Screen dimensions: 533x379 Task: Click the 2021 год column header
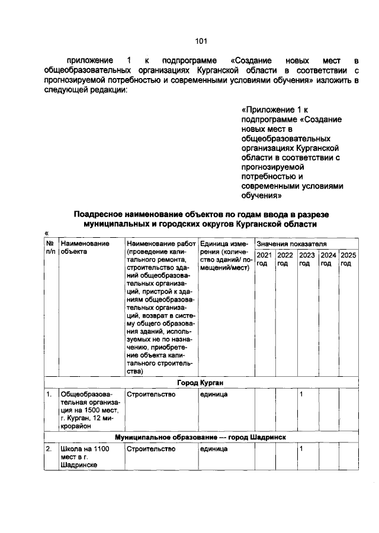264,259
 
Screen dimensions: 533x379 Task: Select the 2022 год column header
285,259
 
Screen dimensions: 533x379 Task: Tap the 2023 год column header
307,259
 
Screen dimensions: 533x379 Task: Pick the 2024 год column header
328,259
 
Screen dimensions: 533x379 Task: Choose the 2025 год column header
349,259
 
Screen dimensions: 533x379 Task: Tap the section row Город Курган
201,382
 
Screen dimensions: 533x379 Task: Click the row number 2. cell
50,449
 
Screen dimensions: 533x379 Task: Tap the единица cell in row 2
214,449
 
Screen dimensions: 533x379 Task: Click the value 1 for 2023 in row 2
301,449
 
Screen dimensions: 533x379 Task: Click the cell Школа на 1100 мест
85,457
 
